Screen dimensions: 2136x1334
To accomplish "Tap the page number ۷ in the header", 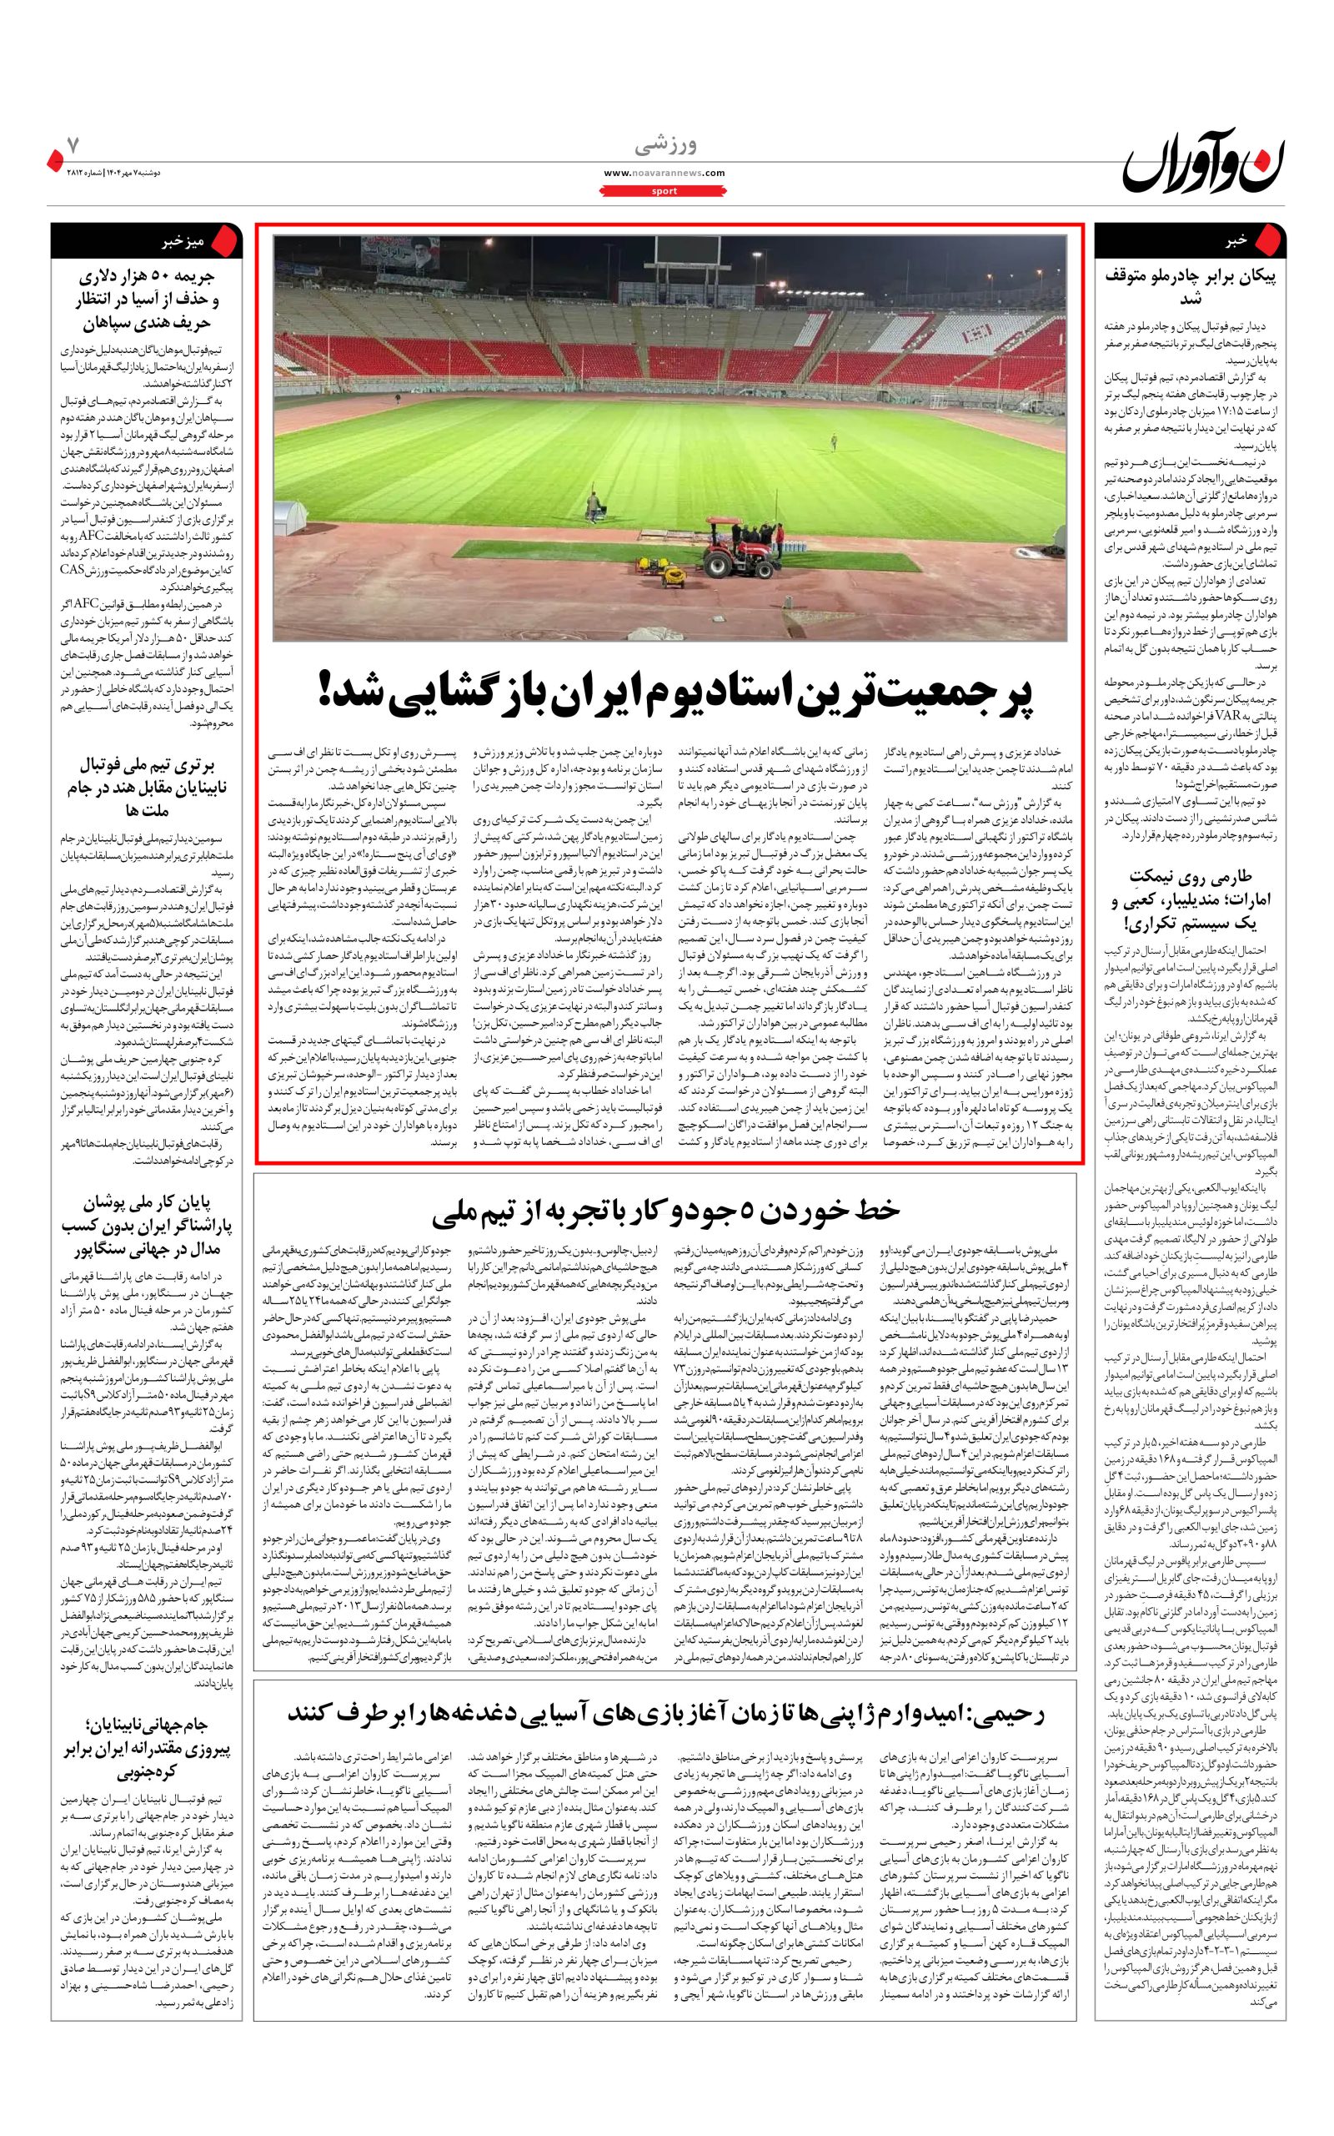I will (x=73, y=141).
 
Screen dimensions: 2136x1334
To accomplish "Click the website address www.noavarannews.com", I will (x=664, y=173).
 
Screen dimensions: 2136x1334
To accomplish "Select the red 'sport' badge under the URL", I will (x=664, y=190).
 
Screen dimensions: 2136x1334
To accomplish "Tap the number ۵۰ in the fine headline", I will (x=149, y=275).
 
